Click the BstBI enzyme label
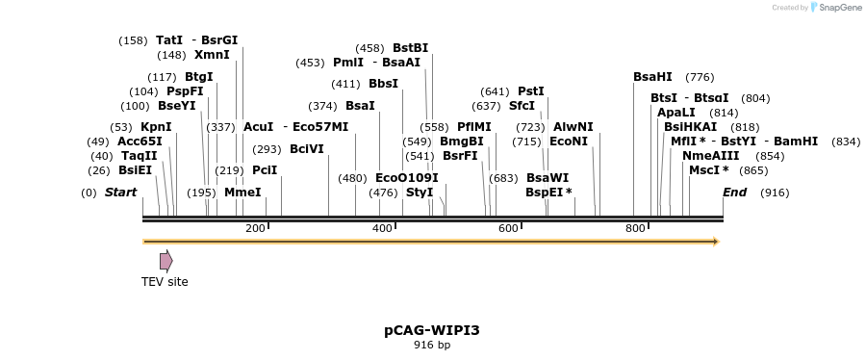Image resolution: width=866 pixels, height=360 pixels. [410, 48]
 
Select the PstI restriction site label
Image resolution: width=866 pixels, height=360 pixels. [530, 91]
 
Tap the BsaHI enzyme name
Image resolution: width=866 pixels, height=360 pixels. [652, 77]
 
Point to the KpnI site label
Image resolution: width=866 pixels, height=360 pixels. [156, 127]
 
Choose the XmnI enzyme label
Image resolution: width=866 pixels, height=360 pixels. [212, 55]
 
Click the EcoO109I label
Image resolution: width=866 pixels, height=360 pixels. [406, 178]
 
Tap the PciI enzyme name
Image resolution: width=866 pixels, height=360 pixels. [265, 170]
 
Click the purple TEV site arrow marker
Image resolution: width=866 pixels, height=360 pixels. [166, 260]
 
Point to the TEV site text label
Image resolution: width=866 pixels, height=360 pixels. [165, 282]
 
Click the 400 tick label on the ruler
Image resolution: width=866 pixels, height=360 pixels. [382, 228]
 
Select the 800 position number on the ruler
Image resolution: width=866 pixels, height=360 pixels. [635, 228]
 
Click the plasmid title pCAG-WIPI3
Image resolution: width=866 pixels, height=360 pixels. [432, 330]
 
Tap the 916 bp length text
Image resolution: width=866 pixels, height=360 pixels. [432, 345]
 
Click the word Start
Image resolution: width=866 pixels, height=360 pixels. [121, 193]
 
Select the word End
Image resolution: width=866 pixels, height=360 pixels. [734, 193]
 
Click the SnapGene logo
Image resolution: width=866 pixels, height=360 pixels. [834, 8]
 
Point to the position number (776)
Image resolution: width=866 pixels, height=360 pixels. [700, 77]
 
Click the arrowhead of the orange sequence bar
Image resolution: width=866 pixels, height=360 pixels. [715, 241]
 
